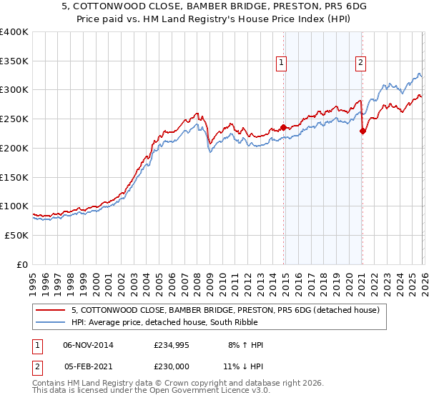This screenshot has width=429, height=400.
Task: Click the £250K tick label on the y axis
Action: pyautogui.click(x=14, y=119)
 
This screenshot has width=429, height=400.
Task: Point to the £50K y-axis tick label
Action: pyautogui.click(x=16, y=235)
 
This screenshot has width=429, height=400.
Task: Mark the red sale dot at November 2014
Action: pyautogui.click(x=283, y=128)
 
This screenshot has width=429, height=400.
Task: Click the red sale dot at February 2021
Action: pyautogui.click(x=363, y=131)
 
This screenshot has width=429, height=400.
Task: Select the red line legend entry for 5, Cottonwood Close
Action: pyautogui.click(x=229, y=310)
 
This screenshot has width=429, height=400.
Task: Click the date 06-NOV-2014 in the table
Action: pyautogui.click(x=88, y=345)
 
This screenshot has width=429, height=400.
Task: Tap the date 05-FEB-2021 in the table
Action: pyautogui.click(x=88, y=368)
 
